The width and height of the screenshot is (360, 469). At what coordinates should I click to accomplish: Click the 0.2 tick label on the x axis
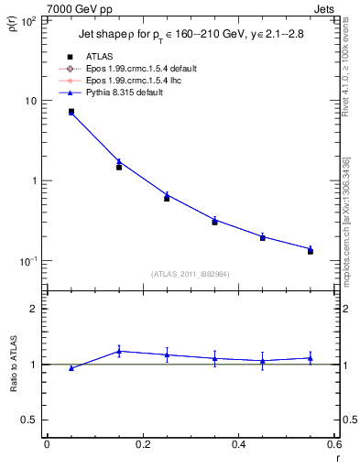142,444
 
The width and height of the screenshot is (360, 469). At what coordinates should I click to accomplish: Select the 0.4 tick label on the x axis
238,444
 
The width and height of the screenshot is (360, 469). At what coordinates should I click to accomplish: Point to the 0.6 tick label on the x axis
333,444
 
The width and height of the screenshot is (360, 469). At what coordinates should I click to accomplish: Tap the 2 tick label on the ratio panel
32,310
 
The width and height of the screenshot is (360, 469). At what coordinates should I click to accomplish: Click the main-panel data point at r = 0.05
71,112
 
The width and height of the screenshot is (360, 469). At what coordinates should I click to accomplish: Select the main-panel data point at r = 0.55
311,249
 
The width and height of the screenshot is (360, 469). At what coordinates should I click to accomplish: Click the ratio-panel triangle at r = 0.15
119,351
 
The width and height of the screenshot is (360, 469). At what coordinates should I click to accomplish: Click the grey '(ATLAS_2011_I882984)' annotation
190,275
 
